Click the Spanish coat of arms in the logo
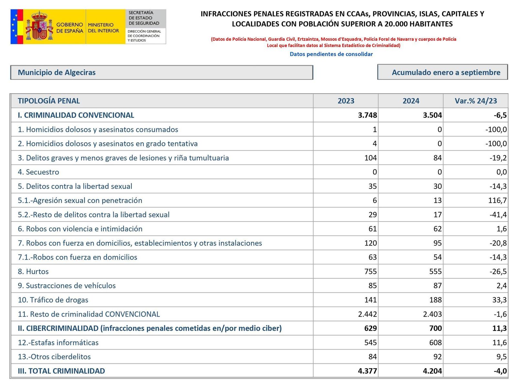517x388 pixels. point(39,26)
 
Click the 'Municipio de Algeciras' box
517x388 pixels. point(162,72)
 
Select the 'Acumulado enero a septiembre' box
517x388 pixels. point(442,72)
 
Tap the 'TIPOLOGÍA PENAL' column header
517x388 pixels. point(49,101)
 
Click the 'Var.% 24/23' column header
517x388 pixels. point(476,101)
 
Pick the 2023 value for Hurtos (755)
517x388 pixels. point(370,271)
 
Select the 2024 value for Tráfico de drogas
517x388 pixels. point(435,300)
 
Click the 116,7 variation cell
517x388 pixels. point(497,200)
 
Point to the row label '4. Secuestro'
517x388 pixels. point(38,172)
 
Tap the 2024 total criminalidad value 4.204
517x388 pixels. point(432,371)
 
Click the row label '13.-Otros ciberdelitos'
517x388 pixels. point(54,357)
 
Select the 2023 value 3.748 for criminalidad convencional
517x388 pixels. point(367,115)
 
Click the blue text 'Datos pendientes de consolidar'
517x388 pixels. point(331,54)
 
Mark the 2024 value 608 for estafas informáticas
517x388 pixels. point(435,342)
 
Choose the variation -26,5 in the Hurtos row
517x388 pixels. point(498,271)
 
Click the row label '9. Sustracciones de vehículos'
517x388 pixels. point(67,286)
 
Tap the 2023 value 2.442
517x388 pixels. point(367,314)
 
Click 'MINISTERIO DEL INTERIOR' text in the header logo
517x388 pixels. point(103,28)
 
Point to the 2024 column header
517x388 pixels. point(411,101)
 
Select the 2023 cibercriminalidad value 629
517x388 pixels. point(370,328)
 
